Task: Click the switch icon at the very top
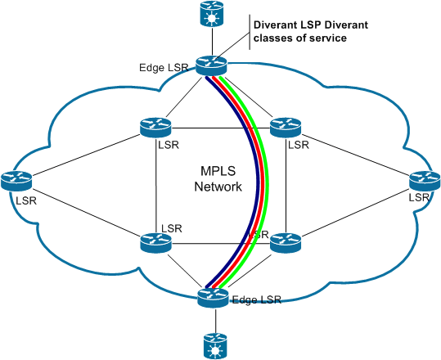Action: pyautogui.click(x=211, y=13)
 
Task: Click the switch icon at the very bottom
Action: pyautogui.click(x=215, y=345)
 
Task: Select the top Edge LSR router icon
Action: pyautogui.click(x=211, y=65)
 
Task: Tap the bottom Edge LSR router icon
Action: pyautogui.click(x=213, y=297)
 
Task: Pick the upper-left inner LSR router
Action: pyautogui.click(x=155, y=128)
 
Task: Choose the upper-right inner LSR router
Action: pyautogui.click(x=286, y=128)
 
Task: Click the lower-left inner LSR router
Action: pyautogui.click(x=155, y=243)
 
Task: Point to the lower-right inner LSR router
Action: pyautogui.click(x=286, y=243)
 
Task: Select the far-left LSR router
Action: pyautogui.click(x=16, y=181)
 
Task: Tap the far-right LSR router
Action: pyautogui.click(x=425, y=181)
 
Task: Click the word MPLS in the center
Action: pyautogui.click(x=218, y=171)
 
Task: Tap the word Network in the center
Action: pyautogui.click(x=218, y=187)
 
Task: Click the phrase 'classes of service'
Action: pyautogui.click(x=299, y=38)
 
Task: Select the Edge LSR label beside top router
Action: pyautogui.click(x=164, y=68)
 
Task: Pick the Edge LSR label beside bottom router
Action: pyautogui.click(x=257, y=299)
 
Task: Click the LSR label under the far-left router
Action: pyautogui.click(x=26, y=200)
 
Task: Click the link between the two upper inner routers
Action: pyautogui.click(x=221, y=128)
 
